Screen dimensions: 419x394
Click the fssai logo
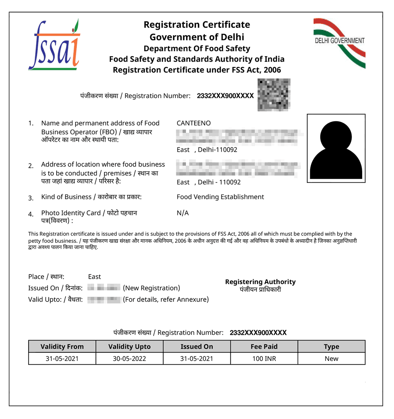[x=54, y=45]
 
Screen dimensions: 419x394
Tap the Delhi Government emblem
[x=339, y=43]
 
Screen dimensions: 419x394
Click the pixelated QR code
[x=274, y=95]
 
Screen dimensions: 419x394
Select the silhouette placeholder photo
[x=336, y=148]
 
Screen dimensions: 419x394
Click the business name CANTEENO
[x=193, y=123]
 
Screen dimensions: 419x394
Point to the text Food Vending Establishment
[x=220, y=197]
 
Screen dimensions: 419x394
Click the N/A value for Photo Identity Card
[x=183, y=213]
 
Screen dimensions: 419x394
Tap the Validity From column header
[x=62, y=347]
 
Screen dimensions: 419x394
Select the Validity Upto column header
[x=129, y=347]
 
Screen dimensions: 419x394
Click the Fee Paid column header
[x=264, y=347]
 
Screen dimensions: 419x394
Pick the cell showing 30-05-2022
[x=129, y=358]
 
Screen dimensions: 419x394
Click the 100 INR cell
[x=264, y=358]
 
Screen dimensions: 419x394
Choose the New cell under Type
[x=331, y=358]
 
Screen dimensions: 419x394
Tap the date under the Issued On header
[x=197, y=358]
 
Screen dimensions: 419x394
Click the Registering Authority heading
[x=260, y=282]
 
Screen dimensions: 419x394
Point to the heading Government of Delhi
[x=197, y=37]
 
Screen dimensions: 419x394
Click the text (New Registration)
[x=151, y=288]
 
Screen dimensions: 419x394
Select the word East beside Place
[x=95, y=277]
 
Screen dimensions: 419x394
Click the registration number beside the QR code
[x=225, y=96]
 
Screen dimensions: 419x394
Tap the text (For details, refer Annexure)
[x=165, y=300]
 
